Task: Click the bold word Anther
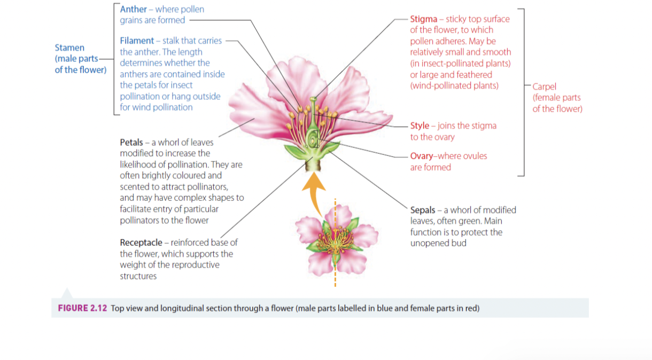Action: pos(134,9)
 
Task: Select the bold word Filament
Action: pos(136,41)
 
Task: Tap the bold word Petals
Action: pos(131,142)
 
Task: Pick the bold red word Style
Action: pos(420,126)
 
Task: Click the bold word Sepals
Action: pos(423,210)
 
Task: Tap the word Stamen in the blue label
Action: pos(69,48)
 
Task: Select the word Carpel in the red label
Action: pos(544,87)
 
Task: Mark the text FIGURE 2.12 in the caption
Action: pos(82,308)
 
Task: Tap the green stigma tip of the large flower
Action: pos(313,99)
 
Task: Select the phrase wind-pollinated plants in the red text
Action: pos(454,85)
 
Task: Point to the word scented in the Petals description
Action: pos(135,186)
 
